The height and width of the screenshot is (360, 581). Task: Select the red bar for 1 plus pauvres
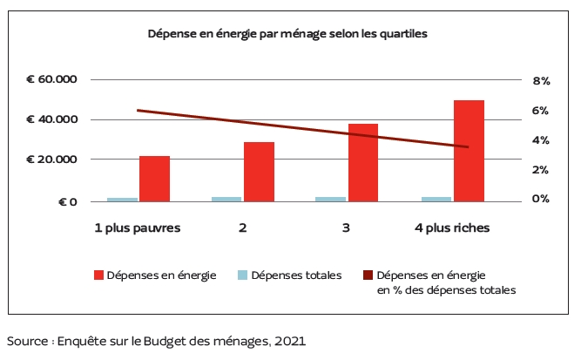pyautogui.click(x=154, y=179)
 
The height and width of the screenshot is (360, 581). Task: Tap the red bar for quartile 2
pyautogui.click(x=259, y=172)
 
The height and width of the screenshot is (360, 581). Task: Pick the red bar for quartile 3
pyautogui.click(x=363, y=163)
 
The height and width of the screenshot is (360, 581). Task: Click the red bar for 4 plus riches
pyautogui.click(x=469, y=151)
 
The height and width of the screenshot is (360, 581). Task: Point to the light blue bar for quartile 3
pyautogui.click(x=331, y=200)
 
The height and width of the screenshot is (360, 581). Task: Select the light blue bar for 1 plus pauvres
pyautogui.click(x=122, y=200)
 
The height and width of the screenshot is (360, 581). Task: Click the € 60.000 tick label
pyautogui.click(x=52, y=80)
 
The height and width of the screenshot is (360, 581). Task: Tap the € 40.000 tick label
pyautogui.click(x=52, y=120)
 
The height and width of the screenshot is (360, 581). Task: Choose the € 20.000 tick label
pyautogui.click(x=52, y=160)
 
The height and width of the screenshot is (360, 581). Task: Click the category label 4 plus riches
pyautogui.click(x=450, y=228)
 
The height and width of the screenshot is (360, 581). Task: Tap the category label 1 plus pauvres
pyautogui.click(x=138, y=228)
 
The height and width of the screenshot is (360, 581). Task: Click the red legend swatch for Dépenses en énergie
pyautogui.click(x=99, y=276)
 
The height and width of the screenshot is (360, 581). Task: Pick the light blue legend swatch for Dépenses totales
pyautogui.click(x=243, y=276)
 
